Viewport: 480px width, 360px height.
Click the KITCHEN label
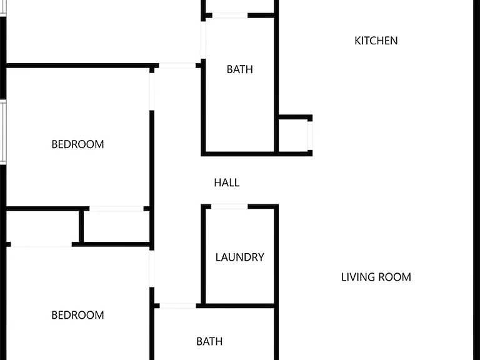[376, 41]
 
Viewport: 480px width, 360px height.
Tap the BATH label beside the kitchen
[240, 69]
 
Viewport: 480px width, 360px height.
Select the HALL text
[226, 182]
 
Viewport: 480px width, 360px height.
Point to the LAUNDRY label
[240, 257]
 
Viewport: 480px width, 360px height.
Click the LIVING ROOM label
[376, 277]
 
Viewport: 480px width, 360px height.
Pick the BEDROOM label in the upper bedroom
[77, 144]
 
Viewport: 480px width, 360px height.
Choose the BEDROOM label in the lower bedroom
[77, 315]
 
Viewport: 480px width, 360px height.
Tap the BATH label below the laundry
[209, 341]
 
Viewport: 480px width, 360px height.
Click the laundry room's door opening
[229, 207]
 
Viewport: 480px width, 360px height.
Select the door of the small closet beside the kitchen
[310, 136]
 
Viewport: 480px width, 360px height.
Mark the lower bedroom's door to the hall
[152, 269]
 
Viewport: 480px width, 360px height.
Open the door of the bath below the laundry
[178, 306]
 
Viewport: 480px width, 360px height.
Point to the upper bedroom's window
[3, 132]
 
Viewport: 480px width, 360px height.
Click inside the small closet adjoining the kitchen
[293, 136]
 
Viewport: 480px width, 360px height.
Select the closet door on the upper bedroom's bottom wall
[116, 209]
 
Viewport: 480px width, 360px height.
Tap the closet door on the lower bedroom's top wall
[41, 244]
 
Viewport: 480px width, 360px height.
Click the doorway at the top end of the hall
[177, 66]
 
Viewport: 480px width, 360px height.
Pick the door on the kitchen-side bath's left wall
[203, 40]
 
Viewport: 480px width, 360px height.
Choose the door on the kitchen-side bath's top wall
[230, 16]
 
